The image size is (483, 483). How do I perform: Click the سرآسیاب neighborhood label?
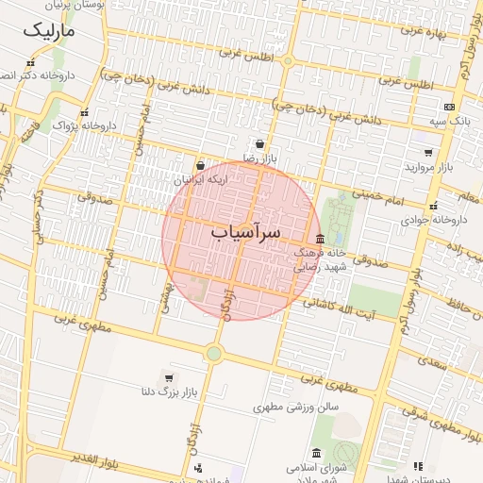click(246, 231)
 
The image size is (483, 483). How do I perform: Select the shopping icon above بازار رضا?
click(258, 144)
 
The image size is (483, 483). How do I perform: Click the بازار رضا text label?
click(258, 159)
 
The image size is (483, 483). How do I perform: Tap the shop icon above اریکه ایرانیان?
click(200, 165)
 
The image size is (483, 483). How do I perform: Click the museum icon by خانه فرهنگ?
click(320, 238)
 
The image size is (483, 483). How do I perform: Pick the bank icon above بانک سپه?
click(448, 107)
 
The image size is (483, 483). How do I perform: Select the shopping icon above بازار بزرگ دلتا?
click(168, 377)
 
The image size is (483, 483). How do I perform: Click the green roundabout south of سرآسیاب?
click(214, 354)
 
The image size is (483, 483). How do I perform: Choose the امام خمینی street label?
click(380, 195)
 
